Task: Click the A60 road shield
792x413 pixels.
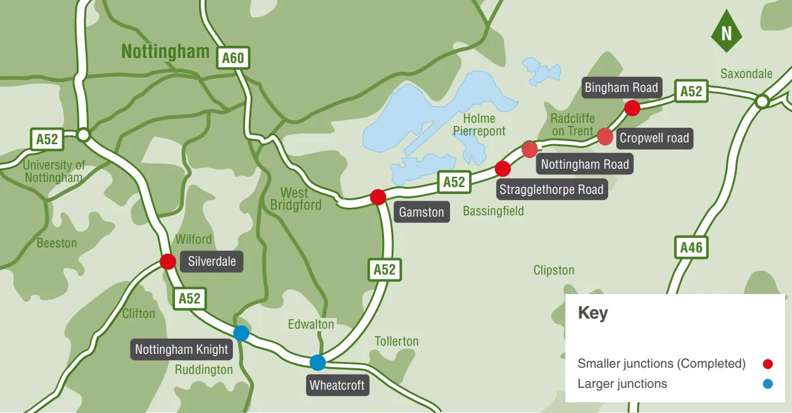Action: [232, 59]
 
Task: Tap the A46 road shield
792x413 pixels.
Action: [691, 247]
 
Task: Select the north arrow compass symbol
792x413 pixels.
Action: [726, 31]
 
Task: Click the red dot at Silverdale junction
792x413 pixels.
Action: [168, 261]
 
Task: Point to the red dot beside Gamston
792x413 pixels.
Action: [378, 197]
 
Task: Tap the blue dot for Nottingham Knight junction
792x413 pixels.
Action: [241, 333]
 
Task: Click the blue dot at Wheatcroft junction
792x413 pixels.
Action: [318, 363]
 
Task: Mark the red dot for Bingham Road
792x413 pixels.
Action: [632, 108]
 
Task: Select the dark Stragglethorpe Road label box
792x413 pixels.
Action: [552, 189]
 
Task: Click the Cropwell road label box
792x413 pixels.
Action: [654, 138]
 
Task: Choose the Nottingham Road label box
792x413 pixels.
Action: [585, 164]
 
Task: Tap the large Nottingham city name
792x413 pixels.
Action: [165, 51]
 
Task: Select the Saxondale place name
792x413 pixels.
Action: [746, 74]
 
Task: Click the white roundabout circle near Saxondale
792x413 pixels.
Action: [762, 101]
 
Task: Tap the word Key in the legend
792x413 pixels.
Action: [592, 313]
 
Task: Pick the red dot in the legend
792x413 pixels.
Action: [767, 364]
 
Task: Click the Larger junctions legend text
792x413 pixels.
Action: [622, 383]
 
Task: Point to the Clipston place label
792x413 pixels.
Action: [553, 270]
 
